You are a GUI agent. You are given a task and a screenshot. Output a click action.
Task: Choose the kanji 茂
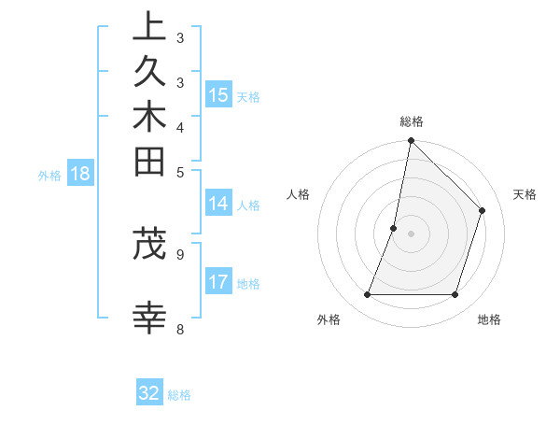point(149,244)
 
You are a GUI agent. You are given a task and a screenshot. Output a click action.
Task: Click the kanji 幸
point(149,318)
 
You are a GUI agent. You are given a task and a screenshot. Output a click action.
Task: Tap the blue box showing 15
point(218,94)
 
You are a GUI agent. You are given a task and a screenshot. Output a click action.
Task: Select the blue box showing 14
point(218,205)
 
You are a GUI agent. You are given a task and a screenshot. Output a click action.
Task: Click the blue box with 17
point(218,282)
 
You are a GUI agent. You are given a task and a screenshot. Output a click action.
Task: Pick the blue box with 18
point(80,173)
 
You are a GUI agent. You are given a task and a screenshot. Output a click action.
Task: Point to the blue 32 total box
point(149,393)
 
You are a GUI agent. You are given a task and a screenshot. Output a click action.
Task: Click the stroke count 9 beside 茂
point(179,253)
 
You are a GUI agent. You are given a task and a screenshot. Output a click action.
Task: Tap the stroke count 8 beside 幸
point(179,329)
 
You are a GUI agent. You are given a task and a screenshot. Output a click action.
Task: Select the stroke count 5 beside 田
point(179,172)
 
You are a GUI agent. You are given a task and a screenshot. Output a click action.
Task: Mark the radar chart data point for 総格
point(411,141)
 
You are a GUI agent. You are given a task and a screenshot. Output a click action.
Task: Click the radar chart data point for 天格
point(483,210)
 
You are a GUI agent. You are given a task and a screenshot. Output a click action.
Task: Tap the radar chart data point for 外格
point(367,295)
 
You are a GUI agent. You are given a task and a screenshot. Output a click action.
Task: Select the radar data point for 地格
point(455,295)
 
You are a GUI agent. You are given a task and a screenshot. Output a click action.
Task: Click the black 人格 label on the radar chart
point(299,194)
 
